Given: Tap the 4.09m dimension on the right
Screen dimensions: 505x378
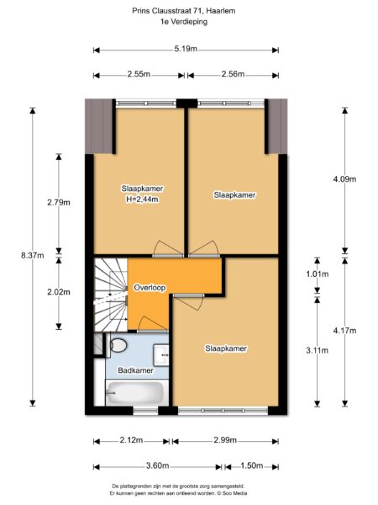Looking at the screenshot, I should pyautogui.click(x=344, y=179).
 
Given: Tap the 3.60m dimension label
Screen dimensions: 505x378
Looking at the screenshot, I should pyautogui.click(x=157, y=465).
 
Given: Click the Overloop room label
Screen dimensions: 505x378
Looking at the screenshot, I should pyautogui.click(x=150, y=288).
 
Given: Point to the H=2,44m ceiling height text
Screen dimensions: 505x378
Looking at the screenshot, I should pyautogui.click(x=141, y=199).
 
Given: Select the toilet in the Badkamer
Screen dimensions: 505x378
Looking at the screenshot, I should pyautogui.click(x=118, y=345).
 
